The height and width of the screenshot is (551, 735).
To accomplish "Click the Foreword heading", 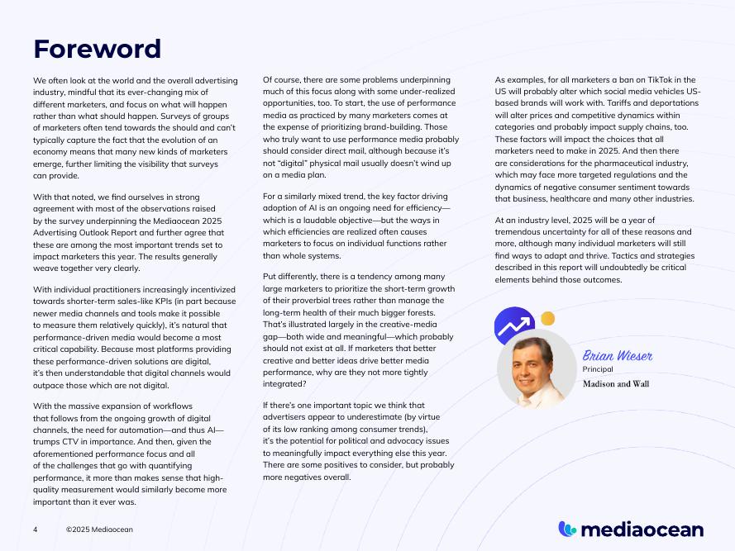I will point(97,49).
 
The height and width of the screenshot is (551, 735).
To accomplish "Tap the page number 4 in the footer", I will point(36,529).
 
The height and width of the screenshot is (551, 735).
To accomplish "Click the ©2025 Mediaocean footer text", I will point(99,529).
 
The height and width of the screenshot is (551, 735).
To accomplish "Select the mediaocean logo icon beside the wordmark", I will point(567,529).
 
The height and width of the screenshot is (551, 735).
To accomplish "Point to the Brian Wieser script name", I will point(618,356).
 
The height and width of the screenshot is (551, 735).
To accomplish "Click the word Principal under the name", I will point(597,369).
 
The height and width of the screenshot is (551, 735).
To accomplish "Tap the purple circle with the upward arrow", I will point(513,325).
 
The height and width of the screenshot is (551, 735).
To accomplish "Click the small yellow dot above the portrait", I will point(547,319).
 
